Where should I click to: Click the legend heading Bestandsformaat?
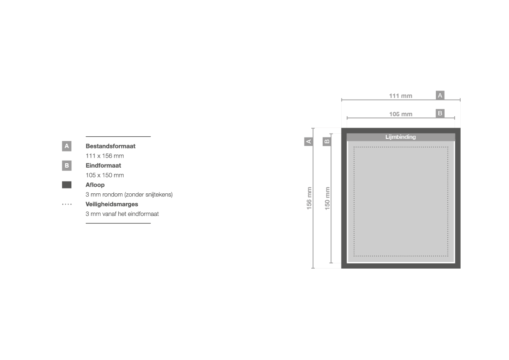click(110, 146)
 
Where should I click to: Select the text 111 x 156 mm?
click(104, 156)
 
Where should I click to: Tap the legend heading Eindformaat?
click(103, 165)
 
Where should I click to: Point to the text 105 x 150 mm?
click(104, 175)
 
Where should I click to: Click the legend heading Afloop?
click(95, 185)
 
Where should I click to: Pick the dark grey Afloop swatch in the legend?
click(67, 185)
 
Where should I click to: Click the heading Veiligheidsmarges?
click(111, 204)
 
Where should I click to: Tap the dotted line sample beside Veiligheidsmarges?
click(67, 204)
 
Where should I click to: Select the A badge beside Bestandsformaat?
click(67, 146)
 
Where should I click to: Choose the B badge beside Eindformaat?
click(67, 165)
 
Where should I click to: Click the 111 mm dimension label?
click(401, 96)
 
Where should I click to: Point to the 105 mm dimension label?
click(401, 114)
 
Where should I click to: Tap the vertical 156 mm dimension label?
click(309, 198)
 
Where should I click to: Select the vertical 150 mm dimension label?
click(327, 198)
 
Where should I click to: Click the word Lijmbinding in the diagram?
click(401, 137)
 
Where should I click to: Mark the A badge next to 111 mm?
click(440, 95)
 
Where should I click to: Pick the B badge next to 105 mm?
click(440, 113)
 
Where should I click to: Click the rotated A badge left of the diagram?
click(309, 141)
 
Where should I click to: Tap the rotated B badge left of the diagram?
click(327, 141)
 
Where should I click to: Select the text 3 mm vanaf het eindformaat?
click(122, 214)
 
